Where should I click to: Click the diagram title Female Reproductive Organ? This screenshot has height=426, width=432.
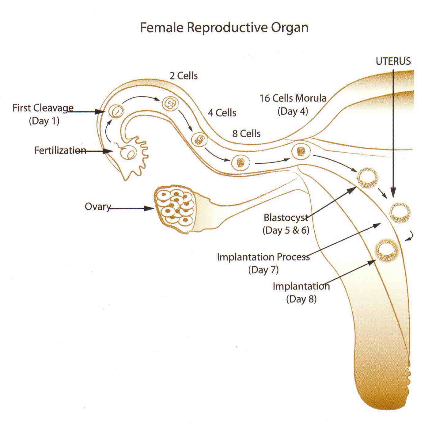(224, 28)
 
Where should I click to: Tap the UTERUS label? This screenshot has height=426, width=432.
(393, 61)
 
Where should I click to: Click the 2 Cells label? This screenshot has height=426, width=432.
(184, 76)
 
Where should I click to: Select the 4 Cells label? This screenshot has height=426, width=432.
(222, 113)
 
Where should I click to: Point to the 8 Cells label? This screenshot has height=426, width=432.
(246, 134)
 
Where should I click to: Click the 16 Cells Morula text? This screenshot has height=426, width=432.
(293, 98)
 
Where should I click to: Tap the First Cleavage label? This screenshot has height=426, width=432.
(43, 108)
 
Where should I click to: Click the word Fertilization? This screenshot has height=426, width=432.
(60, 150)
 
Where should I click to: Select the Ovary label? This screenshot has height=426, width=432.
(97, 207)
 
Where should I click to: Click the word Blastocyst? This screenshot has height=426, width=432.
(286, 218)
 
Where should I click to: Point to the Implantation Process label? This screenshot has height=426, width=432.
(263, 257)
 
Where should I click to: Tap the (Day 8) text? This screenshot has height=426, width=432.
(301, 299)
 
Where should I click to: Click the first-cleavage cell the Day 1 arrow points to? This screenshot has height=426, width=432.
(116, 111)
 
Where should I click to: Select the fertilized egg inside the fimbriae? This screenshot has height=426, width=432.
(129, 152)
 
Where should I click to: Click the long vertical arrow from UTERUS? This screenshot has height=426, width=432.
(394, 132)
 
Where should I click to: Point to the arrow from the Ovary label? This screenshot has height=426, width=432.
(132, 209)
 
